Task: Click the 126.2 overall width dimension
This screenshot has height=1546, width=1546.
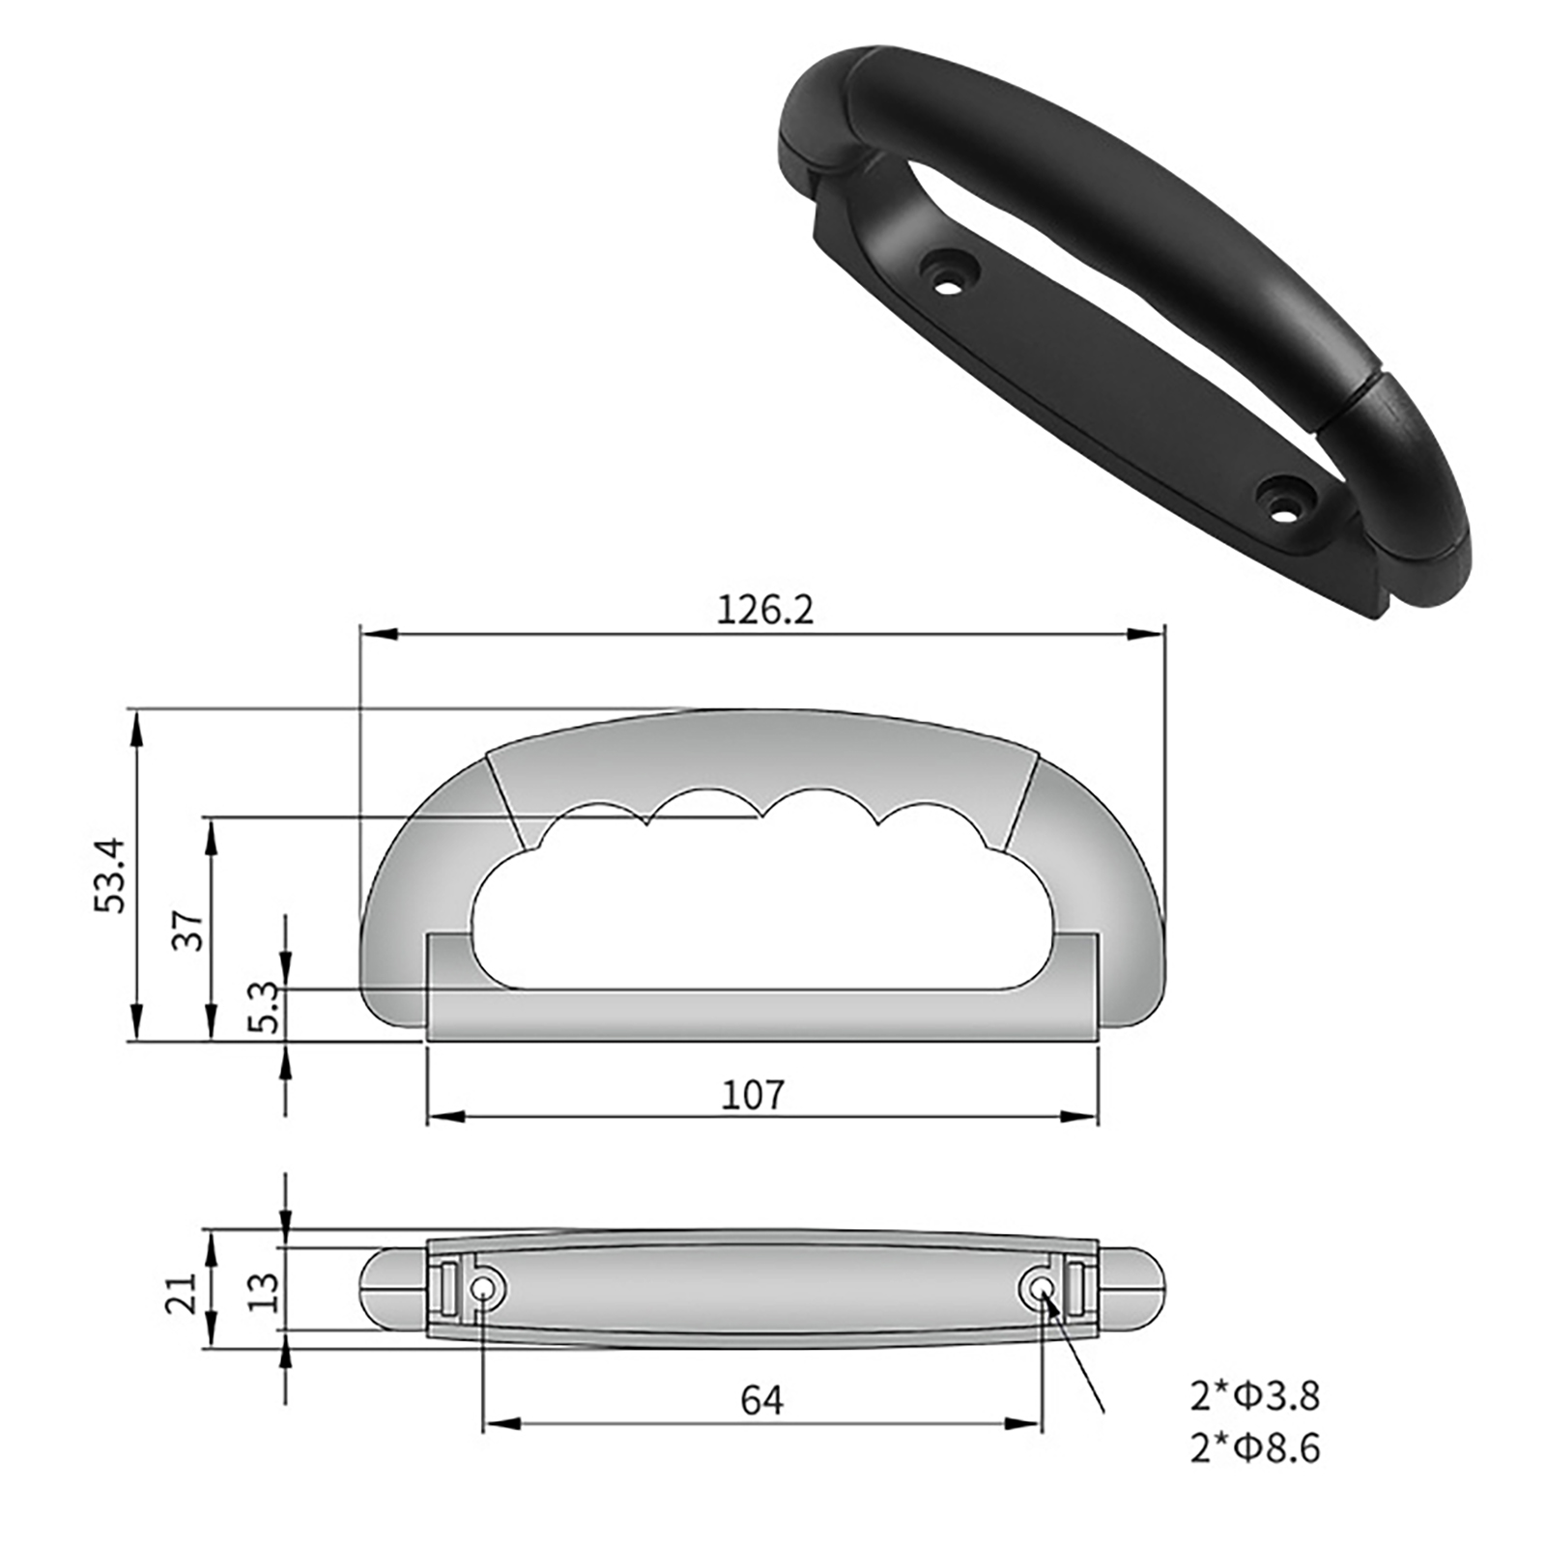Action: point(765,610)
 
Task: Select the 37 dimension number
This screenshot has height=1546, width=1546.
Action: point(188,930)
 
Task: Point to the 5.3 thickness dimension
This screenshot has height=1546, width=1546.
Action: point(263,1007)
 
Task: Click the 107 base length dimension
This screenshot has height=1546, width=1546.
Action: point(754,1095)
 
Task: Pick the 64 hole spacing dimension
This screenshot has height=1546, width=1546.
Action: point(762,1400)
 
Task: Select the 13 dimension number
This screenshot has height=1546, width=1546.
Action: point(263,1292)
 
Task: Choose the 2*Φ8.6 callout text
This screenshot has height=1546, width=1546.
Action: point(1254,1449)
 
